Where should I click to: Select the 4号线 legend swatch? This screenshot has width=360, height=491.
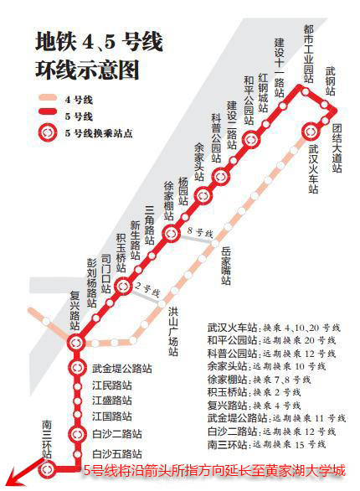point(47,98)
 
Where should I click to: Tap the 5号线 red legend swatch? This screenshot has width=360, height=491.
point(47,115)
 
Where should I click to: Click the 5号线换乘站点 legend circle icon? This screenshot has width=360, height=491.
point(47,132)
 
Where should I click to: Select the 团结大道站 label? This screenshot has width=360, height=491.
point(337,147)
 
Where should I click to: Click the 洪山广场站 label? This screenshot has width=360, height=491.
point(174,332)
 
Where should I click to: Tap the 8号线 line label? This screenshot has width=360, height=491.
point(201,231)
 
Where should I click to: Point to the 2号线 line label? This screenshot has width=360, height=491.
point(150,290)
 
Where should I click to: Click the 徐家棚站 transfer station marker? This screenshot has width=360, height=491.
point(171,234)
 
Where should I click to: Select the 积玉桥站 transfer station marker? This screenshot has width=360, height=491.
point(123,287)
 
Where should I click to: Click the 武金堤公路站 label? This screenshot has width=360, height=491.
point(121,368)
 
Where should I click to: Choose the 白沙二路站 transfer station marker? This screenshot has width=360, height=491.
point(77,433)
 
